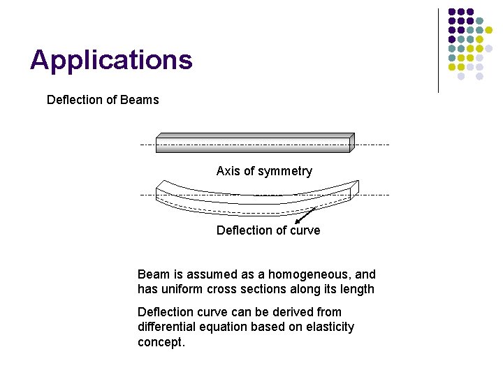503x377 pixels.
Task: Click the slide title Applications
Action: (x=111, y=61)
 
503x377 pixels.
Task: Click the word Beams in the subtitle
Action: (x=140, y=100)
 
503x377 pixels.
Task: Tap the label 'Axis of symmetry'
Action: (x=264, y=171)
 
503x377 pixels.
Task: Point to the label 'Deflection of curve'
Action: (x=268, y=230)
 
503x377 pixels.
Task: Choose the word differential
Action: (x=166, y=327)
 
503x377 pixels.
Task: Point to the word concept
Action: (x=161, y=342)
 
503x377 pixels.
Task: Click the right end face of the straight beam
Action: (x=352, y=142)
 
